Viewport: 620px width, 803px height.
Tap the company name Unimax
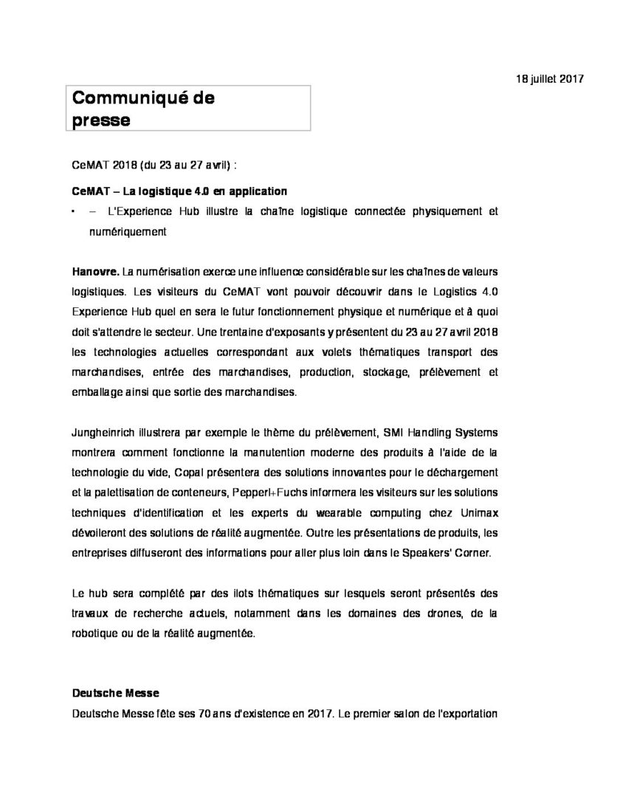[477, 512]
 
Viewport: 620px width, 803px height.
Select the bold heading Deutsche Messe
[115, 694]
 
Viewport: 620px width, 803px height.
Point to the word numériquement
[128, 232]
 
